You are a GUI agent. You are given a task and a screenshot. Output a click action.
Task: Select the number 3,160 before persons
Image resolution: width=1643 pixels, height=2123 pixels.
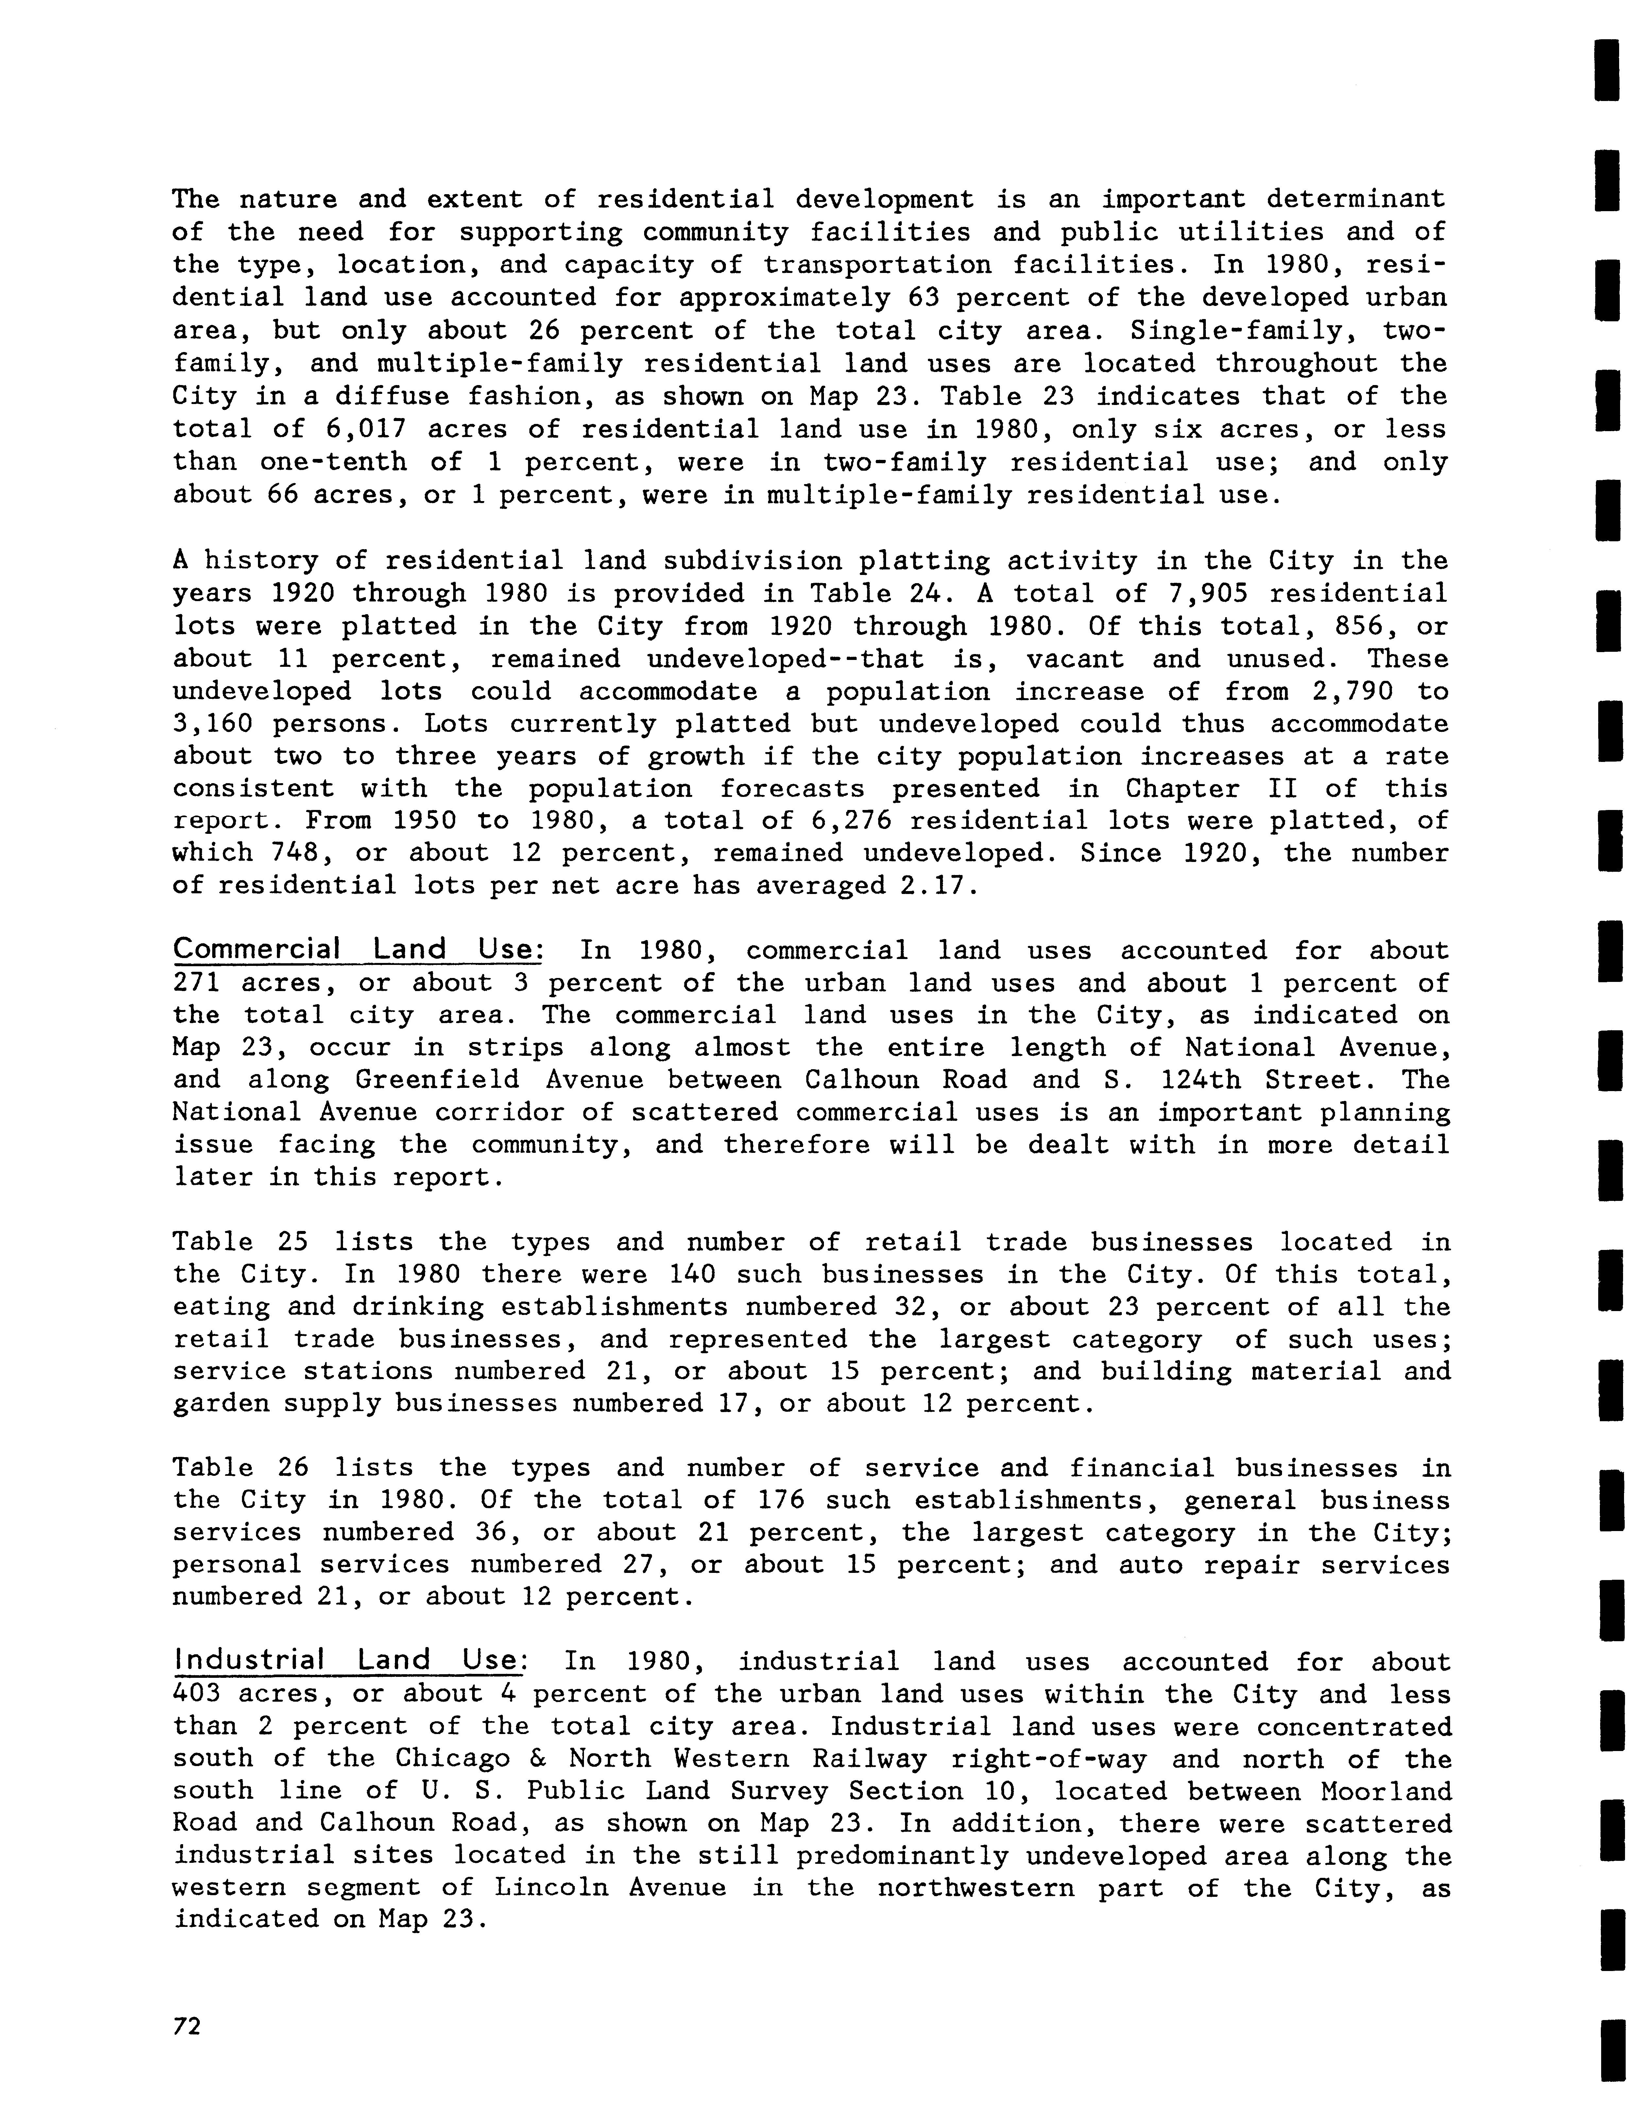click(x=213, y=724)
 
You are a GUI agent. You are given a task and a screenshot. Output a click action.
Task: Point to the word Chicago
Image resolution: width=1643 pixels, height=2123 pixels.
click(x=452, y=1759)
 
